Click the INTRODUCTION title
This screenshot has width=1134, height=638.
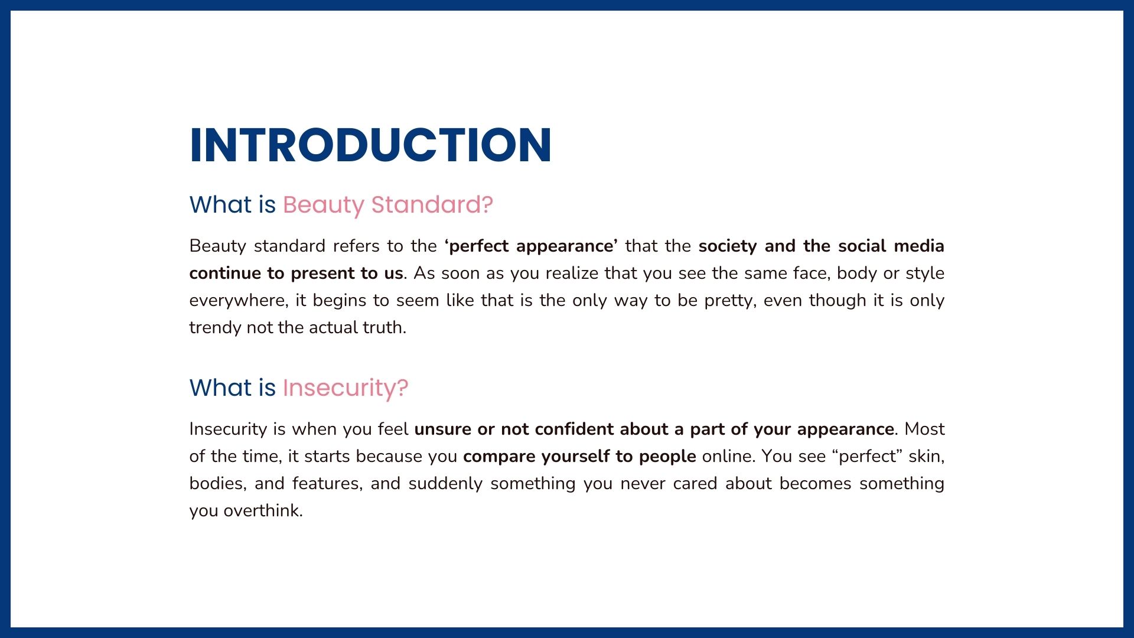[370, 145]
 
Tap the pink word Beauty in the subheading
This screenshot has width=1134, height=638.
[324, 206]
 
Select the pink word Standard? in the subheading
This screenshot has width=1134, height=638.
[432, 204]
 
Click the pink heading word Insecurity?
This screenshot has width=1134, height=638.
[346, 389]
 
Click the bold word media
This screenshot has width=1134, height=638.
[919, 246]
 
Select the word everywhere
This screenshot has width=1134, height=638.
[239, 301]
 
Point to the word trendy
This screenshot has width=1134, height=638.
[215, 328]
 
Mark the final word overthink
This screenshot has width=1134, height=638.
[263, 510]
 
